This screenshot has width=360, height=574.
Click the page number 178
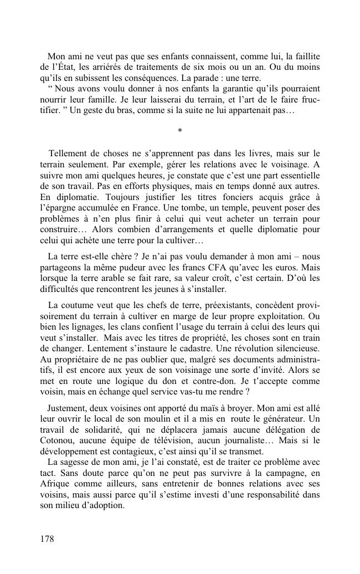point(47,539)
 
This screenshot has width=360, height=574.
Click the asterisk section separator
point(179,131)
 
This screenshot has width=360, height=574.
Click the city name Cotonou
point(58,441)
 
